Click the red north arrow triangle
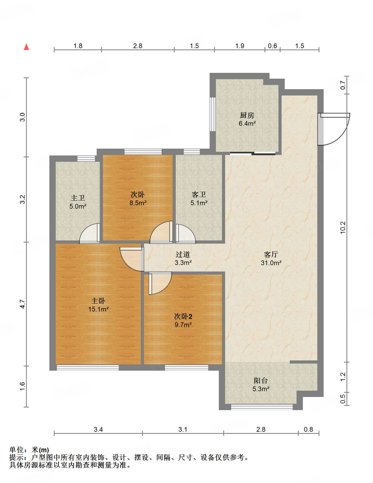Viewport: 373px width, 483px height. coord(26,47)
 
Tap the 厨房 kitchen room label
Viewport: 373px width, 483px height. coord(247,115)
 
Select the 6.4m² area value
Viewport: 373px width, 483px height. coord(247,123)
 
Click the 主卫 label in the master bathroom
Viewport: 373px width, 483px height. coord(78,198)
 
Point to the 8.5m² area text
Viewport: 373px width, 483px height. coord(138,203)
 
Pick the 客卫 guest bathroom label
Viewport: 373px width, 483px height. coord(199,195)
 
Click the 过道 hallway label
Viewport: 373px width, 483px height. coord(183,254)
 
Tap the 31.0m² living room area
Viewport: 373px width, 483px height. coord(271,263)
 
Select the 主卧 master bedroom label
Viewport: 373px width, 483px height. coord(98,301)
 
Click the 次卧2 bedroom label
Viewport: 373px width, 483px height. coord(183,316)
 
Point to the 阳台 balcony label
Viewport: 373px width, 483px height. coord(261,380)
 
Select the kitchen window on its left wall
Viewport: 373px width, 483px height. coord(213,114)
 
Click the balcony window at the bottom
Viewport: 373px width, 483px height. coord(262,407)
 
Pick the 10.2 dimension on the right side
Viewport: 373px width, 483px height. coord(343,228)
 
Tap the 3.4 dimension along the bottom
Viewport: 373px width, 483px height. coord(98,430)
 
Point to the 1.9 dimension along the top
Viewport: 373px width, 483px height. coord(240,46)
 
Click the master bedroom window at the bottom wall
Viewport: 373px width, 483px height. coord(88,368)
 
